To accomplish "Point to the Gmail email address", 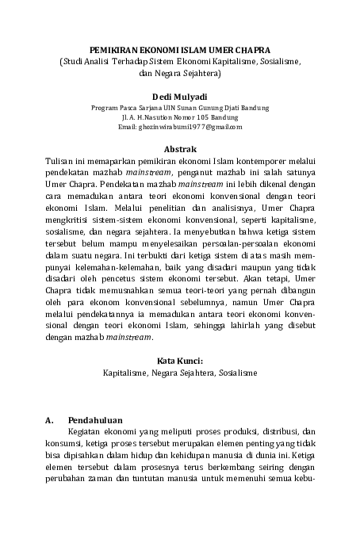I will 180,126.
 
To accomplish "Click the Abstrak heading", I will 180,148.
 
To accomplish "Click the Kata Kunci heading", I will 180,359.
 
